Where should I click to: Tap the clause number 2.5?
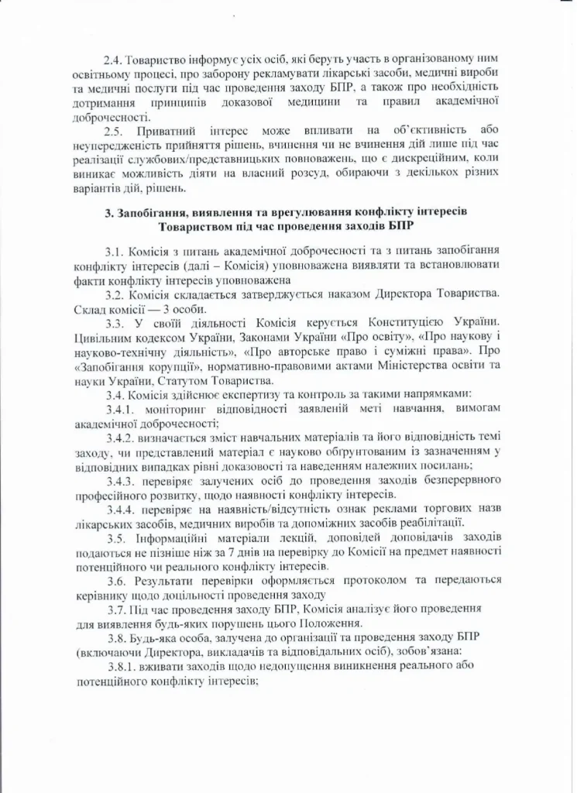coord(115,131)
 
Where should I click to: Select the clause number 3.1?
coord(115,250)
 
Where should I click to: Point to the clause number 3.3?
coord(115,321)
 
